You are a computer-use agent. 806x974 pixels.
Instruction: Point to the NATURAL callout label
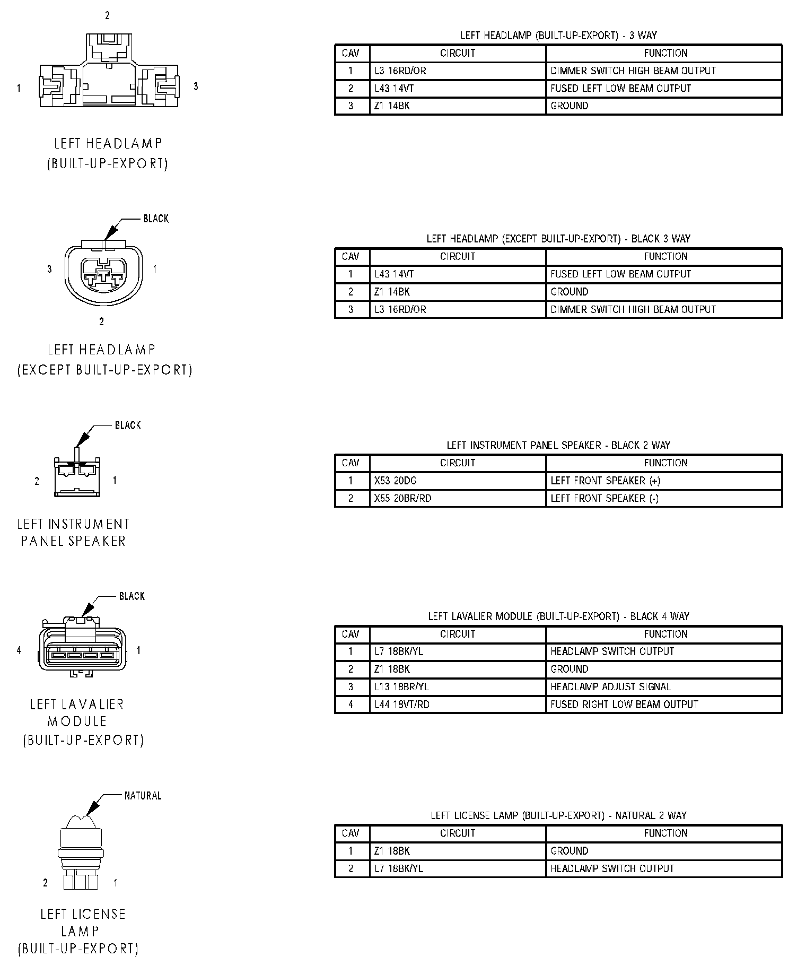(x=143, y=796)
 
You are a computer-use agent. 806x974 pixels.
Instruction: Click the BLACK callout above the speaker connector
(x=128, y=425)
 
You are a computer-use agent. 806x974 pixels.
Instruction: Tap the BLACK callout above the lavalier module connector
(x=132, y=596)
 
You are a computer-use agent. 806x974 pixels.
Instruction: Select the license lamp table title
(x=558, y=815)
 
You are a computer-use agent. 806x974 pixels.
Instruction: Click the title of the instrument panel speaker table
(x=558, y=445)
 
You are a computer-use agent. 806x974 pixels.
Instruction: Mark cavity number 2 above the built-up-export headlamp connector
(x=107, y=16)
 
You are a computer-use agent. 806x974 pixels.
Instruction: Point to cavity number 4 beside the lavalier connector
(x=19, y=650)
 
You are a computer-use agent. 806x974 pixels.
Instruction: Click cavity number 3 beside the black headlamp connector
(x=49, y=269)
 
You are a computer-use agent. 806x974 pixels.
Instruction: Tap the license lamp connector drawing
(x=80, y=854)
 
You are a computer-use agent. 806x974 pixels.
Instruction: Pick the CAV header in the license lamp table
(x=351, y=833)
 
